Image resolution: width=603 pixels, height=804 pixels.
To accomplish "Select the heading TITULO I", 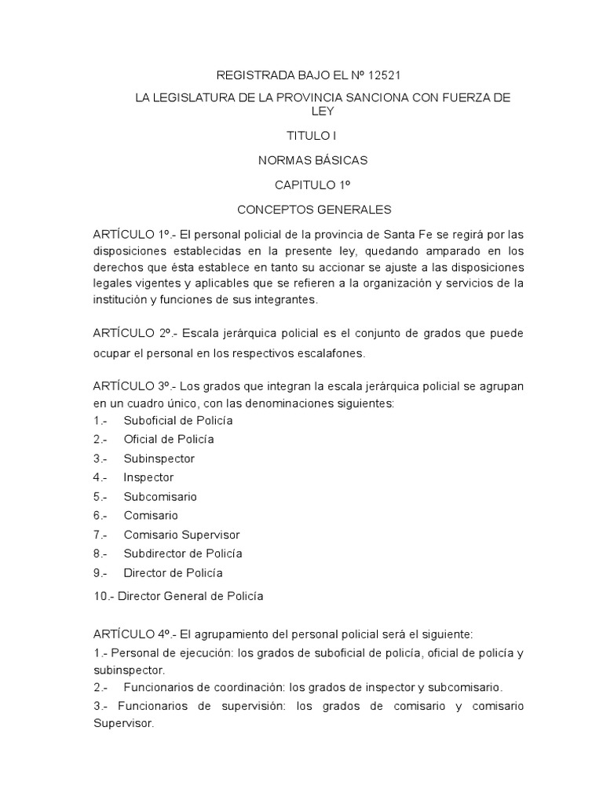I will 312,136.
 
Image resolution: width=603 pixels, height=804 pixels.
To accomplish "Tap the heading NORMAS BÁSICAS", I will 312,160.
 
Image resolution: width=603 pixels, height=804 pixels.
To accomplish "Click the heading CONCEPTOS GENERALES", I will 313,210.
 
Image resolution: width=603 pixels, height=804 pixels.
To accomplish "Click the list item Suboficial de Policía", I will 178,420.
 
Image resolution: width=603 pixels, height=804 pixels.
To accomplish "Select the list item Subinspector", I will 159,458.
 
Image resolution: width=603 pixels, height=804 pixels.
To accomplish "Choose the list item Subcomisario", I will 160,496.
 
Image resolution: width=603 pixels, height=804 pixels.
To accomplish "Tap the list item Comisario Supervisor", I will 181,535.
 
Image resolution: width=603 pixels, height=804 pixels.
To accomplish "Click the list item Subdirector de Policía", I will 183,554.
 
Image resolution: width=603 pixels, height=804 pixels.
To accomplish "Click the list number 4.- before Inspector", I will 100,477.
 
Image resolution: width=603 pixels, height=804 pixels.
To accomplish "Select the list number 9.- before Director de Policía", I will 100,573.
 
